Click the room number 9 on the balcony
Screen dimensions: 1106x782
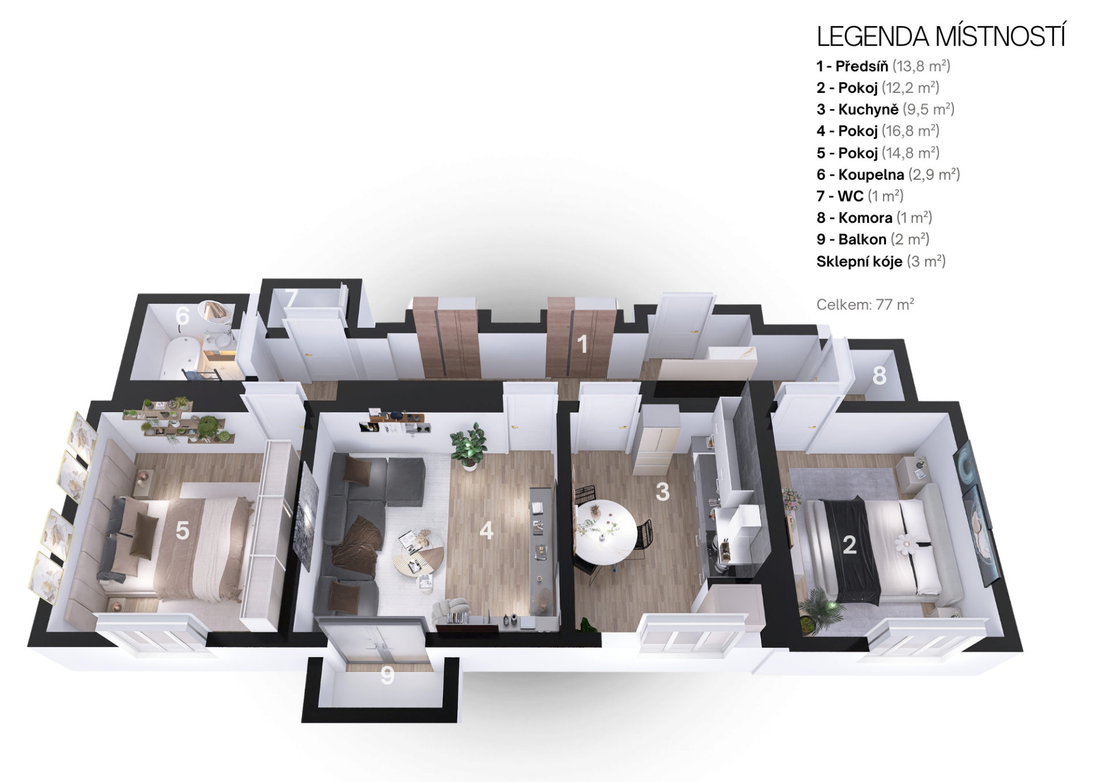(x=387, y=675)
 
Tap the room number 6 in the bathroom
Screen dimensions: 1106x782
(x=183, y=316)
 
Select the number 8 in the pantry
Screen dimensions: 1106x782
(x=879, y=376)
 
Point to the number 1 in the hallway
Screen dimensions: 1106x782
(x=582, y=344)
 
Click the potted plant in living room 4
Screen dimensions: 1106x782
(x=469, y=447)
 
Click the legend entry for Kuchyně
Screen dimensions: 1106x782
(x=885, y=109)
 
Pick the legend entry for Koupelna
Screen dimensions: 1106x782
(x=888, y=175)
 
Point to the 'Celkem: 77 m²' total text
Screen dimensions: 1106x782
(x=865, y=304)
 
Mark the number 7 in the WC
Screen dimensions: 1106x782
(x=291, y=297)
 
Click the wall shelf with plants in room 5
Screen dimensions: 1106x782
(x=179, y=420)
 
